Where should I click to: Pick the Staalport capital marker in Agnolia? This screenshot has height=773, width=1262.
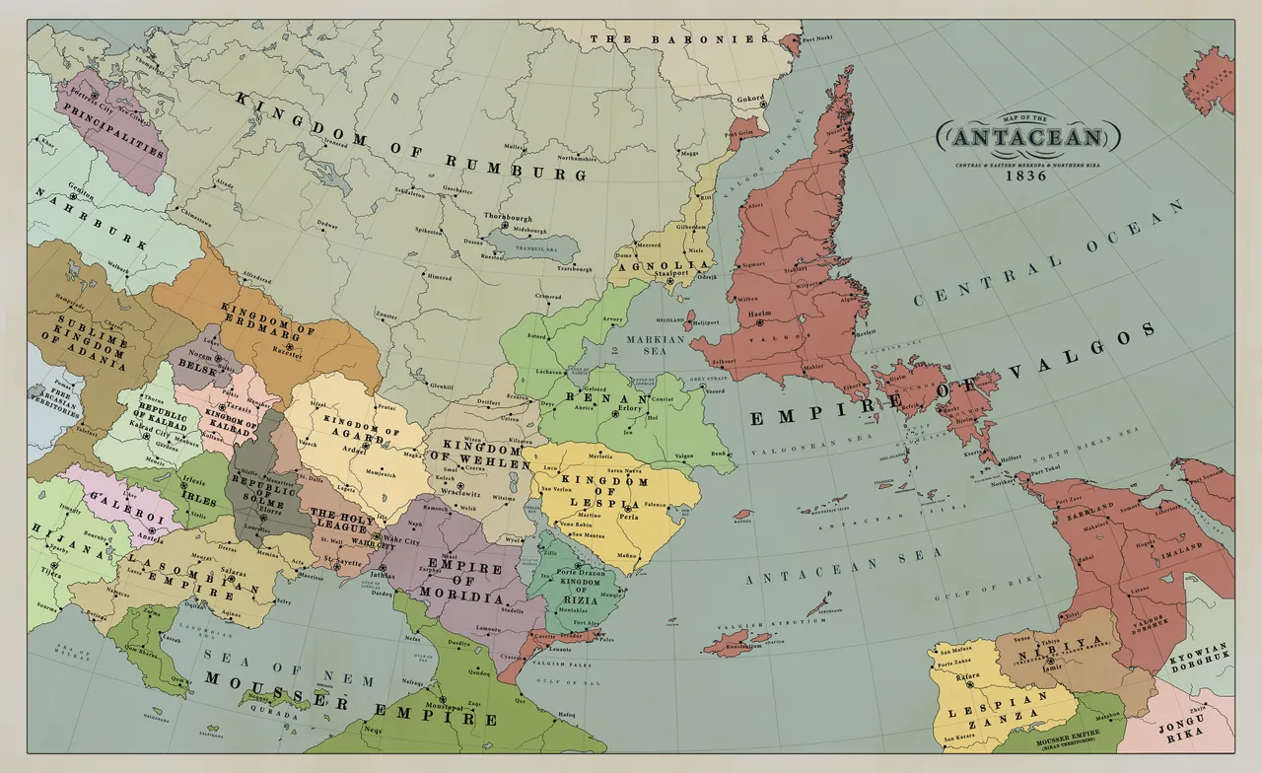pyautogui.click(x=669, y=282)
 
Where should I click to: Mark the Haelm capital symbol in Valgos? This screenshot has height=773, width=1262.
pyautogui.click(x=762, y=323)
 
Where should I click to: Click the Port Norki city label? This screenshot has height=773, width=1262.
pyautogui.click(x=817, y=39)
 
